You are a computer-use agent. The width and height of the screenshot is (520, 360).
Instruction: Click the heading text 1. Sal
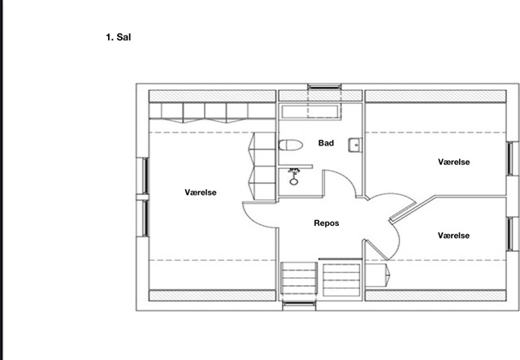point(119,37)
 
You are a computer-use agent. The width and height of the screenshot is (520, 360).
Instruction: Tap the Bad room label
point(326,143)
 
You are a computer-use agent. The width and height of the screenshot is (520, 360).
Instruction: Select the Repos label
point(327,223)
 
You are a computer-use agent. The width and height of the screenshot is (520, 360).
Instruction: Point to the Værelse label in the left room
point(201,193)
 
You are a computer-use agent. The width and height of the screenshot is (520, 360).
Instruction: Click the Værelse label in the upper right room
point(453,162)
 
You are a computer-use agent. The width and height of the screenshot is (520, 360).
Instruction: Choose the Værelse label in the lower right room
point(453,236)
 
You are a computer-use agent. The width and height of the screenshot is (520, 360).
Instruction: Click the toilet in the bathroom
point(291,145)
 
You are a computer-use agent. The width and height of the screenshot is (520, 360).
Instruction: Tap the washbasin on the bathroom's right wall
point(355,145)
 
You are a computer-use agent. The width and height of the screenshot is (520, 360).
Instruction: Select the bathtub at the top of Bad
point(310,111)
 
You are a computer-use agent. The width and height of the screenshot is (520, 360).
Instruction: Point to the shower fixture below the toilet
point(293,176)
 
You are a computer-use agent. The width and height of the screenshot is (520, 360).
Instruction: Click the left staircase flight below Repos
point(299,279)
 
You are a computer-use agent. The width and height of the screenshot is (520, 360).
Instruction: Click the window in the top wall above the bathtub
point(325,87)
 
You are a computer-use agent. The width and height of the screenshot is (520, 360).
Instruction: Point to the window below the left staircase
point(299,304)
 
